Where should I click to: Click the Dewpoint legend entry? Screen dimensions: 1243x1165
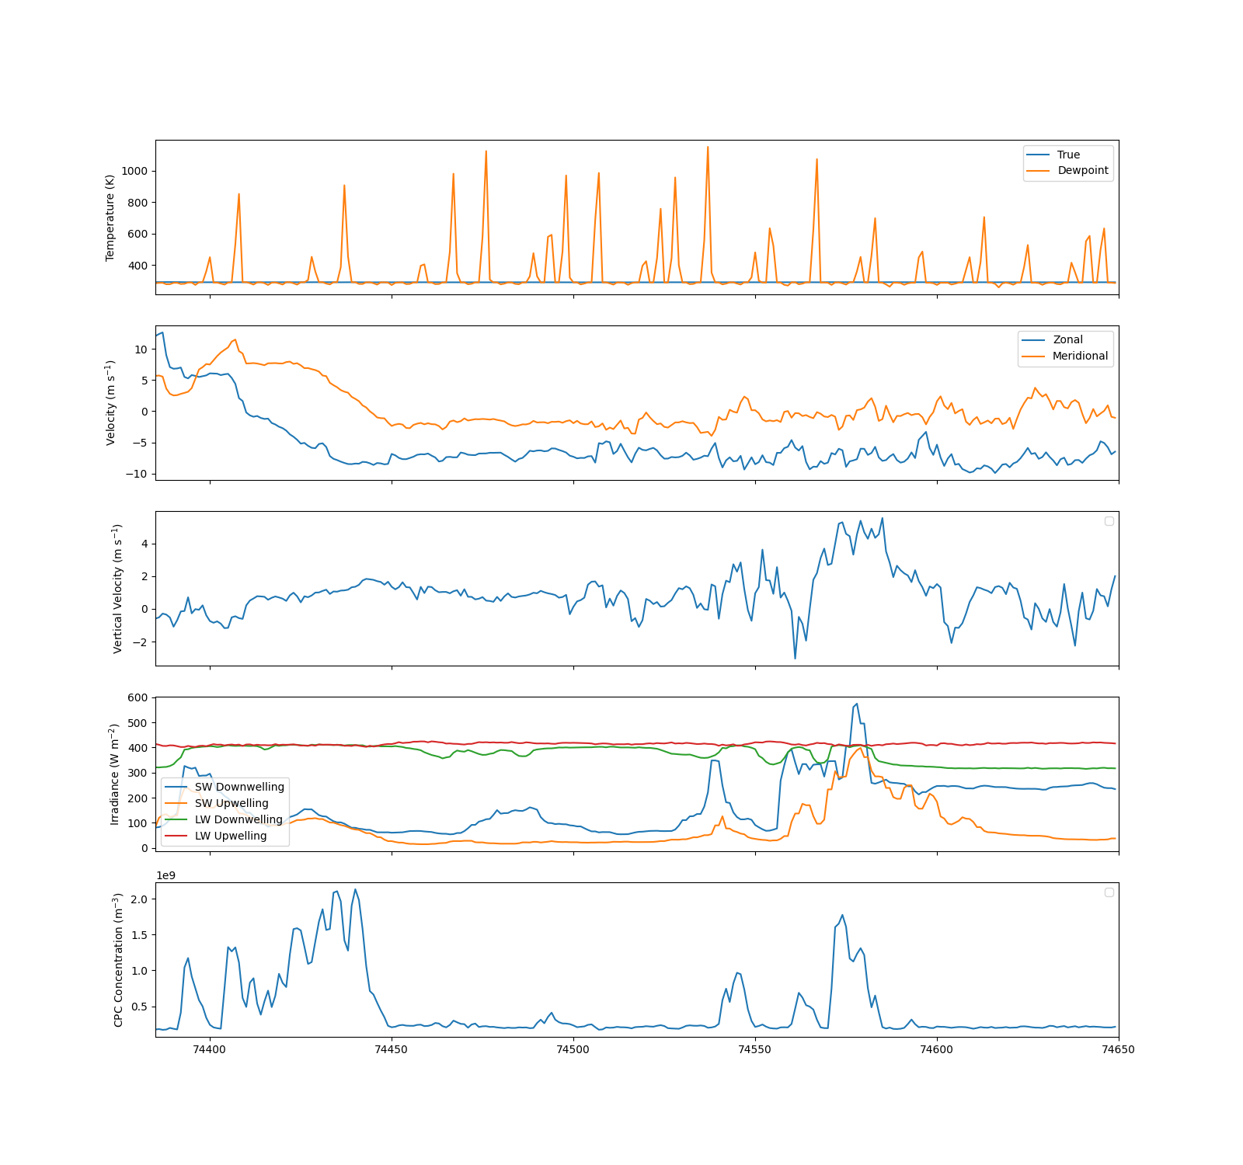[1068, 171]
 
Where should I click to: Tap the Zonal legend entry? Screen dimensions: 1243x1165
[1053, 339]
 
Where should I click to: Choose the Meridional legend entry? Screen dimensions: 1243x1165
[1065, 356]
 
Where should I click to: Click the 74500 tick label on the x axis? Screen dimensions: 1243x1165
[573, 1049]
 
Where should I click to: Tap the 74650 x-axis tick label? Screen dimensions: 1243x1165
[1119, 1049]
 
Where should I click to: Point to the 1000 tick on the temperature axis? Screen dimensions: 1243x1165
[134, 171]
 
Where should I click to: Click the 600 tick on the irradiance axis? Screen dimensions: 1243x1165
[138, 697]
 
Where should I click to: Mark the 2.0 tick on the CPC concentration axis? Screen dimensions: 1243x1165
[140, 899]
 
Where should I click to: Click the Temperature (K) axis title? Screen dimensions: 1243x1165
[110, 217]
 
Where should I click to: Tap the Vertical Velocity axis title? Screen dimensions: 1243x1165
[117, 588]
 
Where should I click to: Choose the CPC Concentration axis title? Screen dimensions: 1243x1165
[118, 959]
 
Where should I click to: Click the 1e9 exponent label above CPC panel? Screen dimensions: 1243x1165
[165, 875]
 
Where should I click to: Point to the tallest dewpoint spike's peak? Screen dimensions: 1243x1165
[708, 147]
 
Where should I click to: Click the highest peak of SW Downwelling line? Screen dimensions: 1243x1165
[856, 704]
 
